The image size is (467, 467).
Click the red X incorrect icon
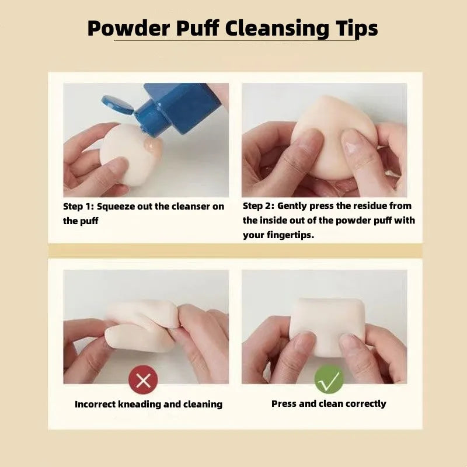pos(143,381)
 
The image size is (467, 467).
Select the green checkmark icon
pos(329,380)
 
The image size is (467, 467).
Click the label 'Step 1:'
pos(78,206)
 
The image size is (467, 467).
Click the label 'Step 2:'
pos(258,205)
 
